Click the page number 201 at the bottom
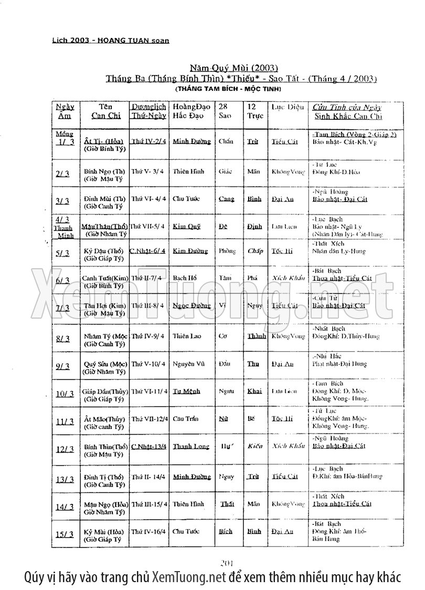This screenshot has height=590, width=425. click(x=227, y=563)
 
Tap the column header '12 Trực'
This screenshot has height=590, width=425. click(x=255, y=111)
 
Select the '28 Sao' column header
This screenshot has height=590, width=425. click(x=225, y=111)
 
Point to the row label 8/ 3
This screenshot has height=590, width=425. click(x=63, y=339)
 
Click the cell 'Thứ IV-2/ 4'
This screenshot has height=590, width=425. click(x=149, y=141)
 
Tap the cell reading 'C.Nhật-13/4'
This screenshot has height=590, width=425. click(x=149, y=446)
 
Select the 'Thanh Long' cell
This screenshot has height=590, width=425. click(x=191, y=447)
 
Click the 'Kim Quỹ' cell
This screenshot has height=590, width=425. click(x=187, y=226)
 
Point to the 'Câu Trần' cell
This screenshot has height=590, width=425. click(x=187, y=418)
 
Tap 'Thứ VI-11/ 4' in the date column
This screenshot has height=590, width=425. click(x=150, y=391)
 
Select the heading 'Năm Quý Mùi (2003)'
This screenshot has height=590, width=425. click(x=226, y=68)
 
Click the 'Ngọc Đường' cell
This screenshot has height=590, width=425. click(x=191, y=305)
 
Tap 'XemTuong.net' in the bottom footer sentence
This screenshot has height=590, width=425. click(x=188, y=577)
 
